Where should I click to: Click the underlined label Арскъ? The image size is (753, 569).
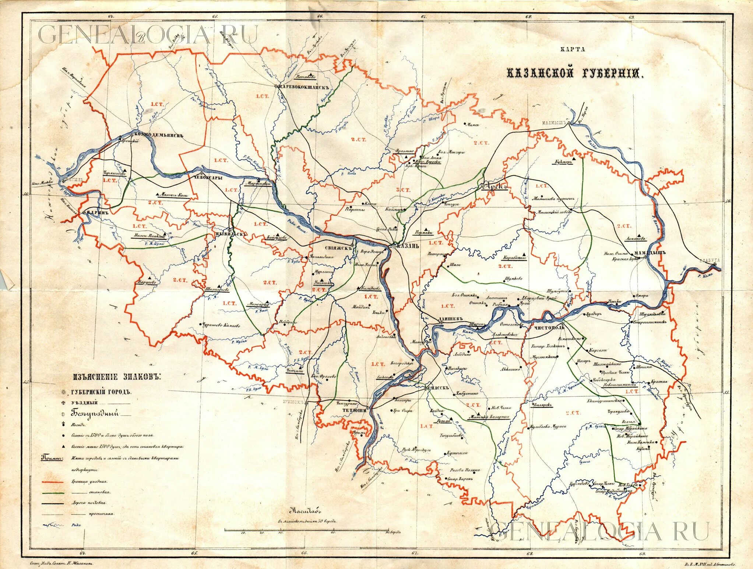coord(496,187)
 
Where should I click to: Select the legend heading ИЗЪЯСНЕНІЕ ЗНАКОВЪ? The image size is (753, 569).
coord(117,377)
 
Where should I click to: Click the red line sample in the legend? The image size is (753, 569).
coord(53,481)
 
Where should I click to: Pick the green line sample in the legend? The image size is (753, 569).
coord(53,492)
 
